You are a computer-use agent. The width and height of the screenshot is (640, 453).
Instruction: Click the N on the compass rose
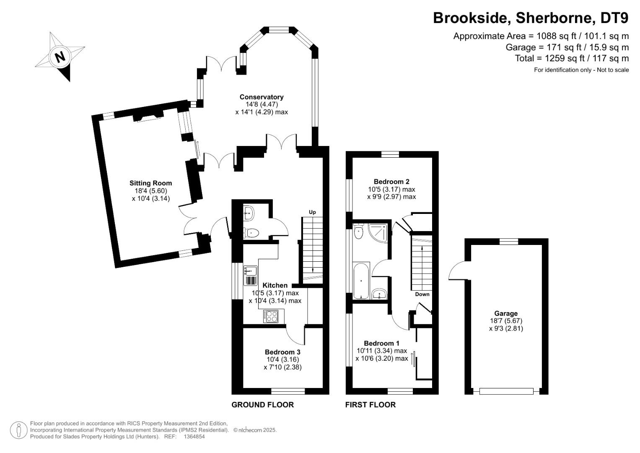tap(60, 57)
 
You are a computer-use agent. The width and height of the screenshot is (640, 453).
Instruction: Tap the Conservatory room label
tap(262, 97)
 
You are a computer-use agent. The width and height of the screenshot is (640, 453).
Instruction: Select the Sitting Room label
tap(150, 183)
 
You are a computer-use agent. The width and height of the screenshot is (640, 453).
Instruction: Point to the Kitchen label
tap(275, 285)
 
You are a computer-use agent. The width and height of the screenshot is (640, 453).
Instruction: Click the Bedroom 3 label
tap(282, 352)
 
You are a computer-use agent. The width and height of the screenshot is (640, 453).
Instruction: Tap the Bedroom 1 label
tap(381, 344)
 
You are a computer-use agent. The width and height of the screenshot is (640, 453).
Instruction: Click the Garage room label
tap(506, 314)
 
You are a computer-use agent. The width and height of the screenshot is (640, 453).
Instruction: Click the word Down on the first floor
tap(422, 294)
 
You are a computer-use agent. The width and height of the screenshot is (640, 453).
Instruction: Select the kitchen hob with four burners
tap(271, 316)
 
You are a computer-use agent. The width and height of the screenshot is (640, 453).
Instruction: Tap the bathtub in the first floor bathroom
tap(361, 281)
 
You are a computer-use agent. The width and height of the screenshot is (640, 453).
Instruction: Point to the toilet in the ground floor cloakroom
tap(251, 233)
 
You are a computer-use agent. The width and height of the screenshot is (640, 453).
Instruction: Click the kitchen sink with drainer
tap(250, 276)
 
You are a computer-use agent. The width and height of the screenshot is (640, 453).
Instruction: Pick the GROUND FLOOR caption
tap(262, 405)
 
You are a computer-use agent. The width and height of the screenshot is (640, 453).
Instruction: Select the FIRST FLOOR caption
tap(370, 405)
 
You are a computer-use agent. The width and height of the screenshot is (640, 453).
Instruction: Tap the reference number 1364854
tap(194, 437)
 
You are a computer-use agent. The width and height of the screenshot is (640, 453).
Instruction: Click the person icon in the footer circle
tap(18, 430)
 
